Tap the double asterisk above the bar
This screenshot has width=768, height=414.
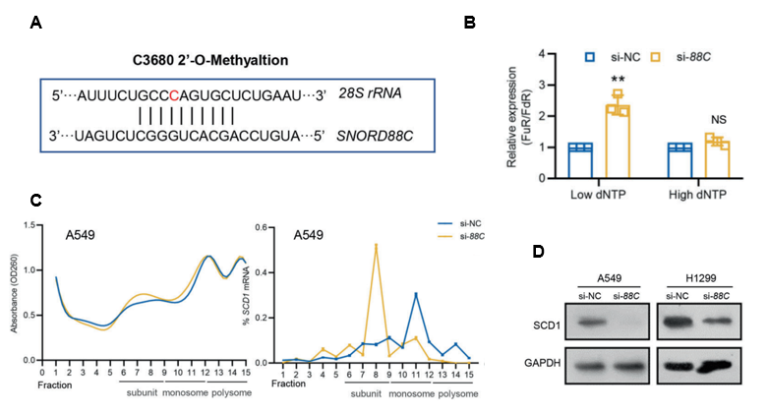tap(618, 79)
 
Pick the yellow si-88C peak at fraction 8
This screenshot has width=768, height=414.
tap(375, 245)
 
